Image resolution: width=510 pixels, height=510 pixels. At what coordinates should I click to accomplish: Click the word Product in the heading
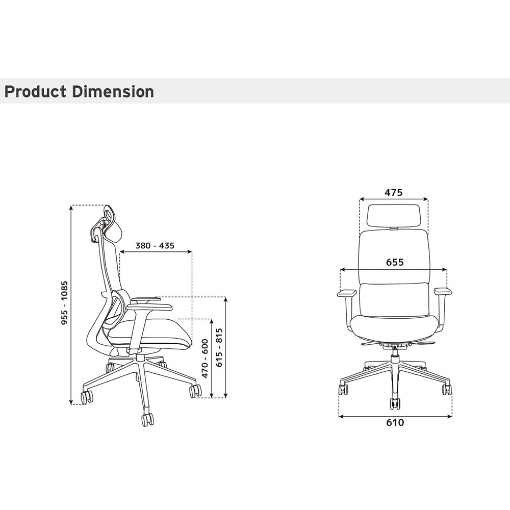click(x=36, y=91)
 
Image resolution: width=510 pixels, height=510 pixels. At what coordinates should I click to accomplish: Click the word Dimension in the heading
click(x=113, y=91)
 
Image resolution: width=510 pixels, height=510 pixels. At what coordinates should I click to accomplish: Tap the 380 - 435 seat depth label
click(x=155, y=246)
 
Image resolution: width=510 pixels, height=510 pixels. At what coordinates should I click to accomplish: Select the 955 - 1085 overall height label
click(x=65, y=302)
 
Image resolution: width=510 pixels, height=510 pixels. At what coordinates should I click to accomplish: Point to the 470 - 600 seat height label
click(x=205, y=359)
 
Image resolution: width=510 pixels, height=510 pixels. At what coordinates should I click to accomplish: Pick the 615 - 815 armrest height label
click(x=219, y=347)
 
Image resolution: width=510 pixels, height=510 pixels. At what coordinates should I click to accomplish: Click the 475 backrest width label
click(x=394, y=193)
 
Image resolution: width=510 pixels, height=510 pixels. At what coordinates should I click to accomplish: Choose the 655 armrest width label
click(x=395, y=262)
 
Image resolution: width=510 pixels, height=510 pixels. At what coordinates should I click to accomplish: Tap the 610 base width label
click(x=395, y=422)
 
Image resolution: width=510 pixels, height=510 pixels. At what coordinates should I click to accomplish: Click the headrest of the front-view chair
click(x=394, y=215)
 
